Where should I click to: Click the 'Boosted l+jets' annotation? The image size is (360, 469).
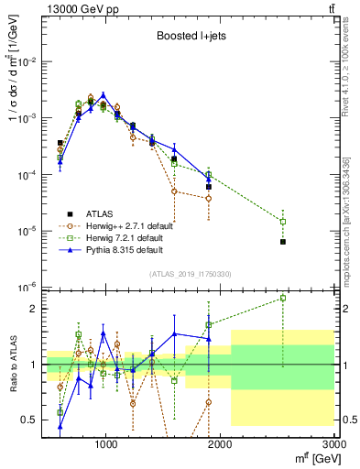(x=189, y=37)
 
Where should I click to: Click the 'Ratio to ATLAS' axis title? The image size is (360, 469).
(x=13, y=364)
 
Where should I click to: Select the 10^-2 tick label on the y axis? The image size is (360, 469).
(x=26, y=61)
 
